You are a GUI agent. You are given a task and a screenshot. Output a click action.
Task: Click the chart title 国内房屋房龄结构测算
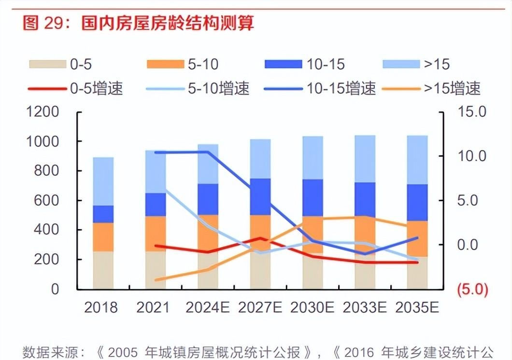click(x=167, y=23)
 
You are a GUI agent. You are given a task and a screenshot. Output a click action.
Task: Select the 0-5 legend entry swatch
click(x=47, y=64)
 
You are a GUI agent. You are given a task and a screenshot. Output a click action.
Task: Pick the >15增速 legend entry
click(x=433, y=88)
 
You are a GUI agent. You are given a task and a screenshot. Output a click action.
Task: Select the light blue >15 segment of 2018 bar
click(x=103, y=181)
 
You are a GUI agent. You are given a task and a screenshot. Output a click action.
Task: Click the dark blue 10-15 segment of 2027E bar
click(x=260, y=197)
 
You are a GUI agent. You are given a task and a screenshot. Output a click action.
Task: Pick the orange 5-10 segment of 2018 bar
click(x=103, y=236)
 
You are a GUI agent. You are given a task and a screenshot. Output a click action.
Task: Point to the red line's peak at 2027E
click(x=260, y=238)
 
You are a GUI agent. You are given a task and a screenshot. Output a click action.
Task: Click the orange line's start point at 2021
click(x=156, y=280)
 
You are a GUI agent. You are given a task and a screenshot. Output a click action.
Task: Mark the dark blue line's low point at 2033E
click(x=364, y=254)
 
